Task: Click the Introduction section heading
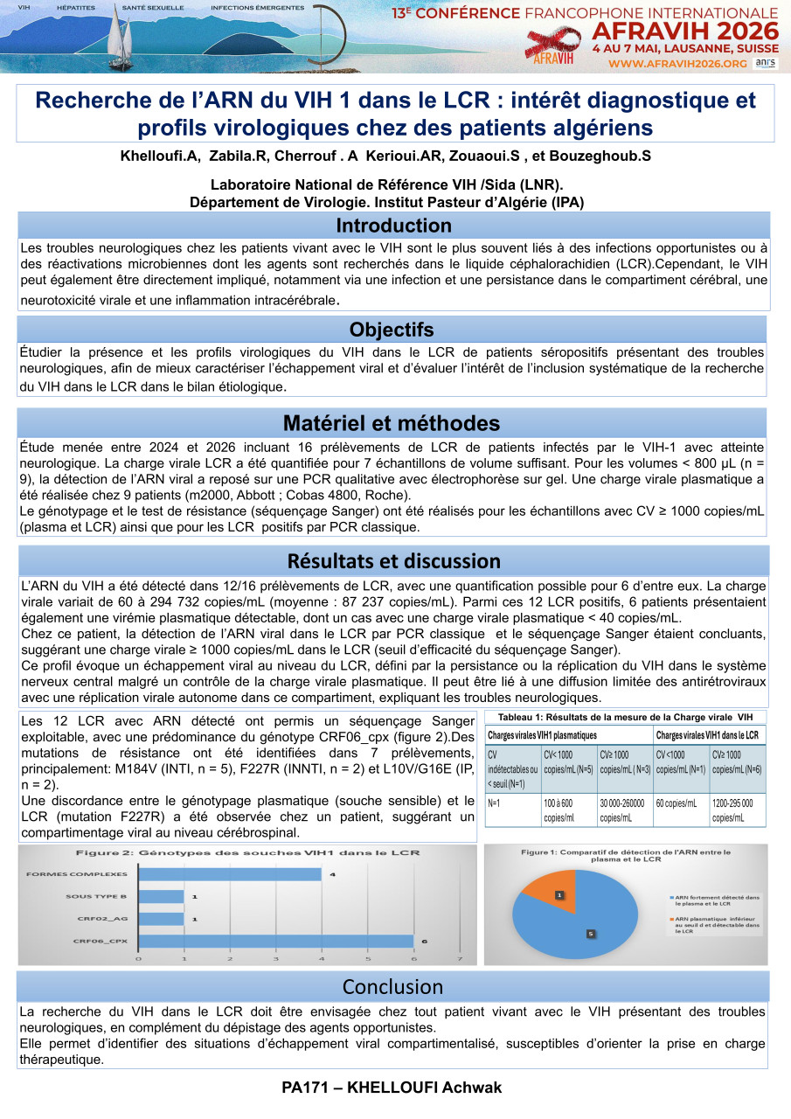click(393, 226)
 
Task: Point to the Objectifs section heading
click(392, 330)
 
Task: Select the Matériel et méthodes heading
click(392, 423)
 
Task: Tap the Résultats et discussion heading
click(393, 560)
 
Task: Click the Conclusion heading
click(392, 986)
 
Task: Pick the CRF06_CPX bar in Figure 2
click(275, 941)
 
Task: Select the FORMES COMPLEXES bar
click(229, 874)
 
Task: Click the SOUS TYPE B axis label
click(96, 896)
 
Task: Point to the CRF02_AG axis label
click(100, 918)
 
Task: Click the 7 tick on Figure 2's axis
click(460, 959)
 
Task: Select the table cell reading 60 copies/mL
click(678, 803)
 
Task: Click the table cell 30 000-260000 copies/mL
click(623, 810)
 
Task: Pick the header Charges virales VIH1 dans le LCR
click(707, 735)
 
